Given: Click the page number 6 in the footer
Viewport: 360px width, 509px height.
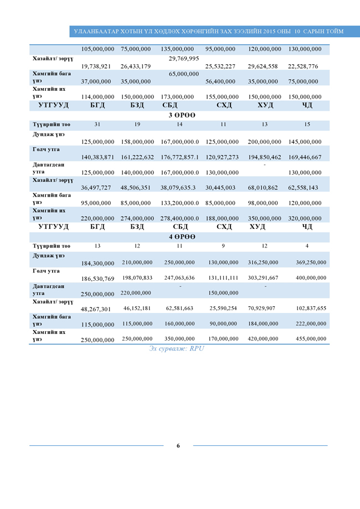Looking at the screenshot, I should point(178,446).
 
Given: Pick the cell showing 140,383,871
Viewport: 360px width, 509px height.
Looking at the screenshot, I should point(97,157).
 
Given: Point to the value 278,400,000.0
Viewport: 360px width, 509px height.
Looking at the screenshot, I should point(179,218).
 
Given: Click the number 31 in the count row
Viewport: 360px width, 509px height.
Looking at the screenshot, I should point(97,124).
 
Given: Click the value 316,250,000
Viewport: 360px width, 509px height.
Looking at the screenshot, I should point(263,262).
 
